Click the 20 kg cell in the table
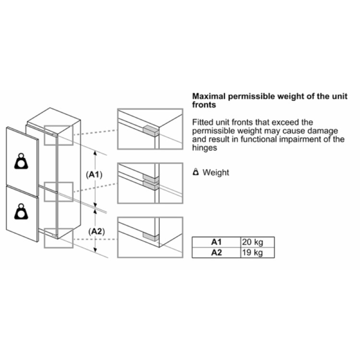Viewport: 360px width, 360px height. [x=257, y=242]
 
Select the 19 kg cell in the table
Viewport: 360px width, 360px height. [x=257, y=253]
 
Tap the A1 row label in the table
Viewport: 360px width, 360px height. [x=216, y=242]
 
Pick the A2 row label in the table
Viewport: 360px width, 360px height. [x=216, y=253]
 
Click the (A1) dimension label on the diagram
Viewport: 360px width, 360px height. [x=94, y=175]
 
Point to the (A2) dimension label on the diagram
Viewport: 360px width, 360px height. [x=96, y=231]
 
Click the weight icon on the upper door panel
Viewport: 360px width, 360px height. [x=21, y=161]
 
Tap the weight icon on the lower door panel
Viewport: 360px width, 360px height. [x=21, y=211]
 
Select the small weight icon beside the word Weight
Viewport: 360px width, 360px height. [x=196, y=172]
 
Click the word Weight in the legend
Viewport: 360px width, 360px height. [x=216, y=172]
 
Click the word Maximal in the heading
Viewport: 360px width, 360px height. [x=209, y=96]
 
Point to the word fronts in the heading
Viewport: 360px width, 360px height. [x=204, y=105]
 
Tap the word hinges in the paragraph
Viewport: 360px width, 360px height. [x=204, y=148]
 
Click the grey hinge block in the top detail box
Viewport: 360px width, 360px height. [x=151, y=131]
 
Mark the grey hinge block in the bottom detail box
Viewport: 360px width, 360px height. [x=151, y=237]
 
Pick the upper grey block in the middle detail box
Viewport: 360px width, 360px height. [x=151, y=178]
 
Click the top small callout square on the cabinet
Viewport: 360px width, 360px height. [x=59, y=135]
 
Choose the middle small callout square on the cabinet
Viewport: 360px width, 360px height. [x=59, y=192]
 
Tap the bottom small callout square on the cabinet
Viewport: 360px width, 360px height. [x=59, y=238]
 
